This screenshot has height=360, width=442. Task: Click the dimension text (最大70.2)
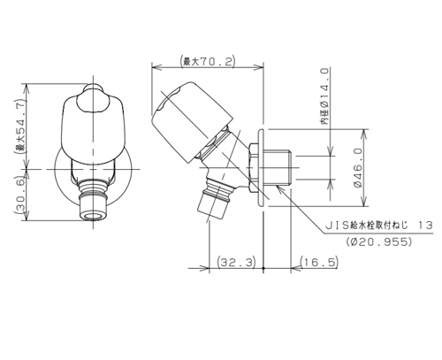(208, 62)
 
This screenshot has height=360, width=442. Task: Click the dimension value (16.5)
(316, 263)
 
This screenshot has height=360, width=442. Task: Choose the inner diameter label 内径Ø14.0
(324, 98)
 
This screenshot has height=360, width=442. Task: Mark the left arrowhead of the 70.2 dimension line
(155, 67)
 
